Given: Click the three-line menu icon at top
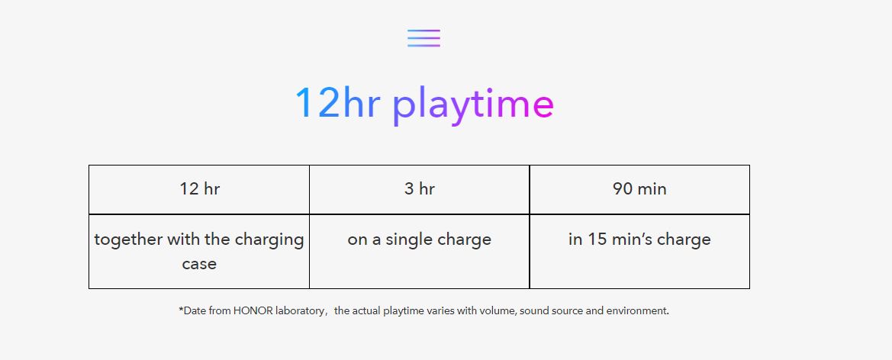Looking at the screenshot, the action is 423,38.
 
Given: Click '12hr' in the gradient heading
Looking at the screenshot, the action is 337,103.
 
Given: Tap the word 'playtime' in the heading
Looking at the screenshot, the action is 473,106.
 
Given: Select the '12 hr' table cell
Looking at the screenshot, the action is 199,189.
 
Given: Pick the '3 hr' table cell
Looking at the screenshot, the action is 419,189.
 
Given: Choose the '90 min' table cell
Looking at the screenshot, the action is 639,189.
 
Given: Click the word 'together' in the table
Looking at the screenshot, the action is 128,239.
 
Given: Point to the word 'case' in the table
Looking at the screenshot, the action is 199,264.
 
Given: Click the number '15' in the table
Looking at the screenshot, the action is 597,239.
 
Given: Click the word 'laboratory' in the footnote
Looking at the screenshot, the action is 301,312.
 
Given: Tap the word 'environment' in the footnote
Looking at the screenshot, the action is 636,311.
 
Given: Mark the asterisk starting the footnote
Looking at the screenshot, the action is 181,310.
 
